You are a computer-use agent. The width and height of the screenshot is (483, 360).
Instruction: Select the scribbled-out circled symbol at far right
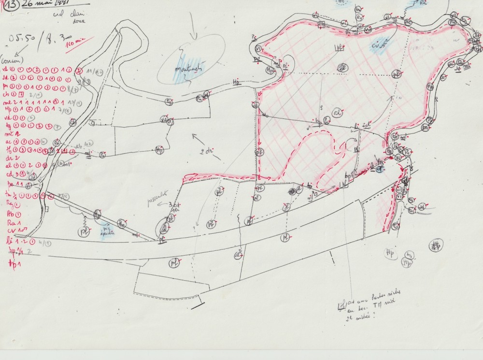click(438, 245)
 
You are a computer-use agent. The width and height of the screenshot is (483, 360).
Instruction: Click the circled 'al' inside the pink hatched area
click(337, 112)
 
